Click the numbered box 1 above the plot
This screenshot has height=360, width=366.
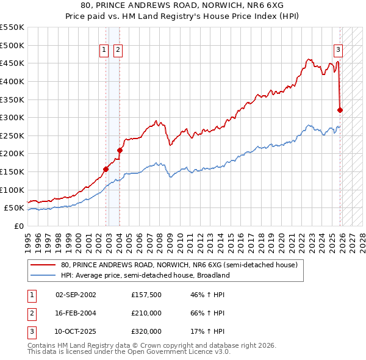pos(104,51)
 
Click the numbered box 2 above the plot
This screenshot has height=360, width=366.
pos(118,51)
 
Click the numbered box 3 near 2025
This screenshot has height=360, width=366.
pos(338,51)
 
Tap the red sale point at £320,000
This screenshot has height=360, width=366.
pos(340,110)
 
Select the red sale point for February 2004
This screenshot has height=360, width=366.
pos(120,150)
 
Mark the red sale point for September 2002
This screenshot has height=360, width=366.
pos(106,169)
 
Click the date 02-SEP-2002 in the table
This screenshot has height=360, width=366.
pos(76,295)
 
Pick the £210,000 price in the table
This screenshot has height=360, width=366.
pos(146,313)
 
